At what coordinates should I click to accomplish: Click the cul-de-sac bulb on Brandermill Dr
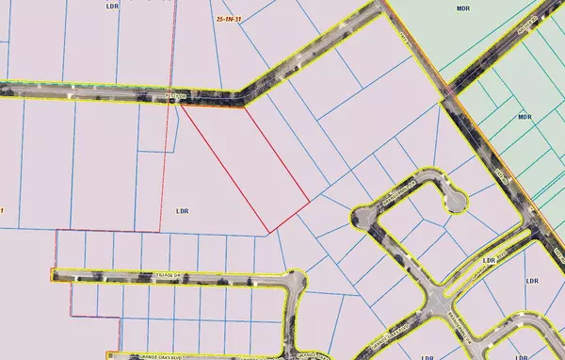coord(456,201)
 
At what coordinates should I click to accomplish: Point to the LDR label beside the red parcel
coord(183,212)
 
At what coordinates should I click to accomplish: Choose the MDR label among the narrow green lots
coord(525,119)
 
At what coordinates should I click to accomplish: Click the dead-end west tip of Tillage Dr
coord(54,275)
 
